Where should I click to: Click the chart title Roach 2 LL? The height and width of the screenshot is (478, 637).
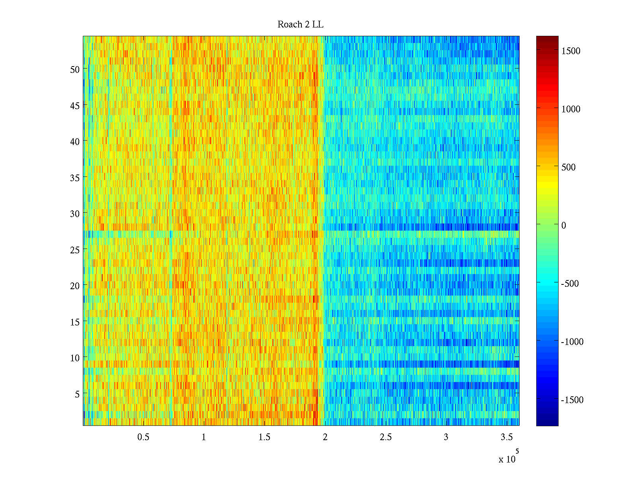coord(300,25)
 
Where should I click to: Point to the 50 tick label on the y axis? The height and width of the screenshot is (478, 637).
coord(75,69)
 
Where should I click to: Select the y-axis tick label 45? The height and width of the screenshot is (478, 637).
coord(75,106)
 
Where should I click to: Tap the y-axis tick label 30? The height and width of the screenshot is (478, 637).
coord(75,214)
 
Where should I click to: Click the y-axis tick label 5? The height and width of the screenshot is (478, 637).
coord(77,394)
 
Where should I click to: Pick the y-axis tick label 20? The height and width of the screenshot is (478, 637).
coord(75,286)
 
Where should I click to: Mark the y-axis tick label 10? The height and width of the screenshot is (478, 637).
coord(75,358)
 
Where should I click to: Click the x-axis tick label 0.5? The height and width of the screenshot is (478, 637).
coord(143,437)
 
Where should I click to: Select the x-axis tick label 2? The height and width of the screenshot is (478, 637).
coord(325,437)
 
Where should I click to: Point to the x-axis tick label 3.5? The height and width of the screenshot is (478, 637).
coord(506,437)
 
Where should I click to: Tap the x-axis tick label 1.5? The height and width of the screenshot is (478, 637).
coord(264,437)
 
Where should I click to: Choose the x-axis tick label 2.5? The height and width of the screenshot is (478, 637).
coord(385,437)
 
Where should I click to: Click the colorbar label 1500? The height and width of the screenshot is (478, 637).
coord(571,51)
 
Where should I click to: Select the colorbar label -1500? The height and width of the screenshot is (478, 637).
coord(572,400)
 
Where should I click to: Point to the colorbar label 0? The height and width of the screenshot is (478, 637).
coord(563,225)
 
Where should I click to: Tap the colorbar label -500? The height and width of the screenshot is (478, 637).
coord(570,284)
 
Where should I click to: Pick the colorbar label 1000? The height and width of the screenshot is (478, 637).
coord(571,109)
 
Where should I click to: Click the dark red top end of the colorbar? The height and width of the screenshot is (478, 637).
coord(547,38)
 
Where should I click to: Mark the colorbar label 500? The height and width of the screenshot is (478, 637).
coord(569,167)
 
